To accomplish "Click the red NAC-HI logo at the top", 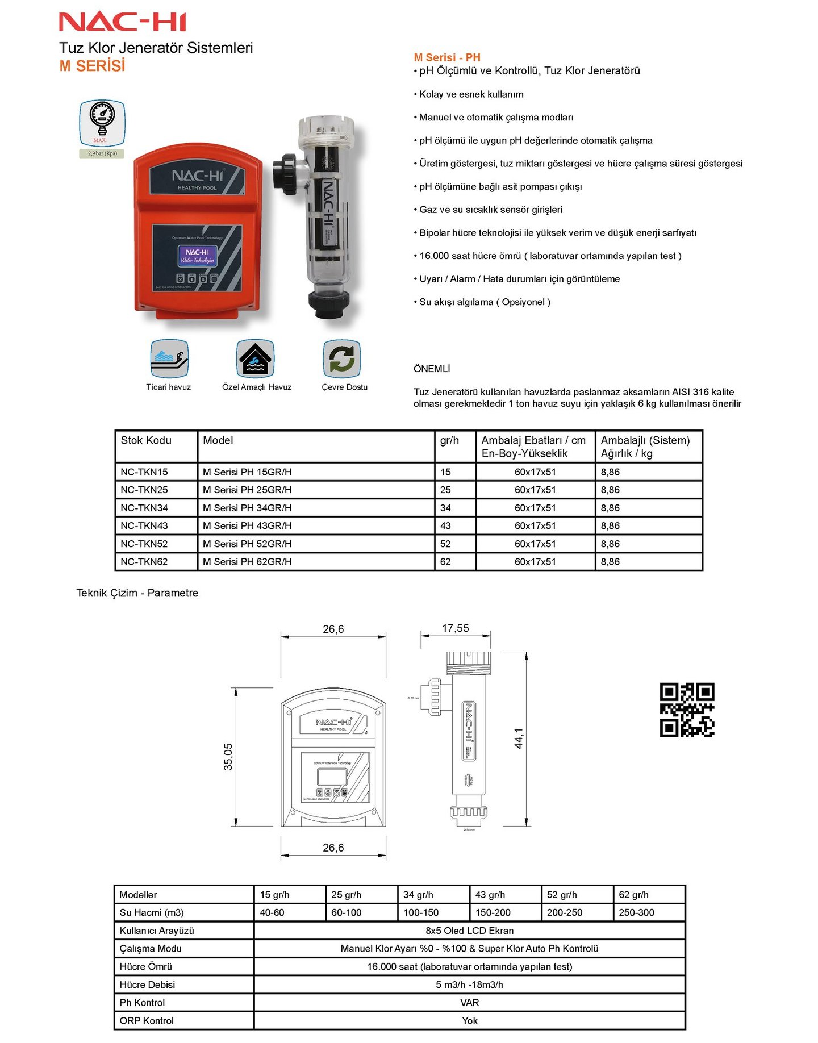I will [123, 22].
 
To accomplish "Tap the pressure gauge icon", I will [102, 123].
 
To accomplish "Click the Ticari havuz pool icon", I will [169, 358].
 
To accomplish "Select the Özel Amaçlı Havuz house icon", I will [256, 358].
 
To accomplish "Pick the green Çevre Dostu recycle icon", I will [341, 358].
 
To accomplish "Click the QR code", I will [687, 710].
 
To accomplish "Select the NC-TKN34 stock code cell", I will [144, 508].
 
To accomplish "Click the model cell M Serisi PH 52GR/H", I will [247, 544].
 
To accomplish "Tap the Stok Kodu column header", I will [146, 440].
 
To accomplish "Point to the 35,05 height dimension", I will [228, 757].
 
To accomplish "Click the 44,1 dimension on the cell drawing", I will [519, 739].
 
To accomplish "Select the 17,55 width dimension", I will [456, 628].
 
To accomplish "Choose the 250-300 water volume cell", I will [637, 912].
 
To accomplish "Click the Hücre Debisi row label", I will [147, 984].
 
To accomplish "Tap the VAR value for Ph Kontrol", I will [469, 1002].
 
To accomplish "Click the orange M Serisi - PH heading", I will [447, 57].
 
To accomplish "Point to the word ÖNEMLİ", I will [432, 369].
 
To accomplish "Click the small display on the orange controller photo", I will [197, 256].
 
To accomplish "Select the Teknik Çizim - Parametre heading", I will [137, 593].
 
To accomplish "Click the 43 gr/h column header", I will [490, 895].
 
